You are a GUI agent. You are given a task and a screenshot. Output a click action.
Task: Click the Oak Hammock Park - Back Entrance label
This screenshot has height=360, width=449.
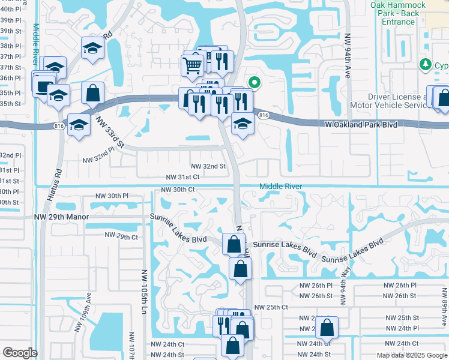[x=397, y=13]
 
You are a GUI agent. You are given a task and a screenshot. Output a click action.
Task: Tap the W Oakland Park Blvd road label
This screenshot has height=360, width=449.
[x=360, y=124]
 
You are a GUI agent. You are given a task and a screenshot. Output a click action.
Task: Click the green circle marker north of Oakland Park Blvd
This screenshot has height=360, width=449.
[x=254, y=83]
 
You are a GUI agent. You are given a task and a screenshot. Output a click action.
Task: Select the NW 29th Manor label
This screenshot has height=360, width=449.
[x=62, y=217]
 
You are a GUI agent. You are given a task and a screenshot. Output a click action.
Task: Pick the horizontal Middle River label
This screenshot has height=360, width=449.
[x=281, y=187]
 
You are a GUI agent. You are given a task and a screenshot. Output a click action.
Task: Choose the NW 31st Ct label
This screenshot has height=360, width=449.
[x=183, y=177]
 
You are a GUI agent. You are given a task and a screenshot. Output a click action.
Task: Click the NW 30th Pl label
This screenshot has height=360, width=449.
[x=112, y=196]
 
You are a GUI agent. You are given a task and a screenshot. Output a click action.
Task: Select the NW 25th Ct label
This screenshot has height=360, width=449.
[x=272, y=307]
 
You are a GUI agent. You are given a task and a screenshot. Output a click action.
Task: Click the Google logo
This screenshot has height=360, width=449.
[x=20, y=353]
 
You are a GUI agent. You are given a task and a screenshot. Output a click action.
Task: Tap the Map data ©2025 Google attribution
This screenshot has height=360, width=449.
[x=412, y=355]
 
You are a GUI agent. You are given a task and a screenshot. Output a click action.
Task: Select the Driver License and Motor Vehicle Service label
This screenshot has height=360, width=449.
[x=388, y=101]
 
